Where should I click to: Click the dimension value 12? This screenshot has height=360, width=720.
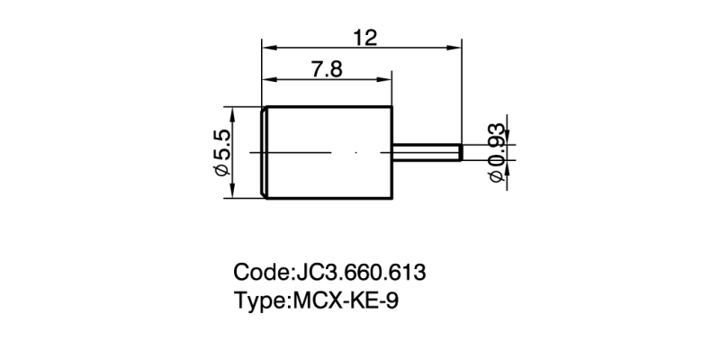point(364,38)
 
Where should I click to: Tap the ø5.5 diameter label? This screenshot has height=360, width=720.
point(222,153)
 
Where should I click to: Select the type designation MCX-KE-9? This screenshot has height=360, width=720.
point(346,301)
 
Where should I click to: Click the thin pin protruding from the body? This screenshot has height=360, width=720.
point(427,153)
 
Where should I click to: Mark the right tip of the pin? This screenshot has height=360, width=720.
point(461,153)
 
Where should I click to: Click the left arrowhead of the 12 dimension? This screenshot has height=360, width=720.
point(266,46)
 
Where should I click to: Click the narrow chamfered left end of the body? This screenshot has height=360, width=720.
point(264,153)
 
